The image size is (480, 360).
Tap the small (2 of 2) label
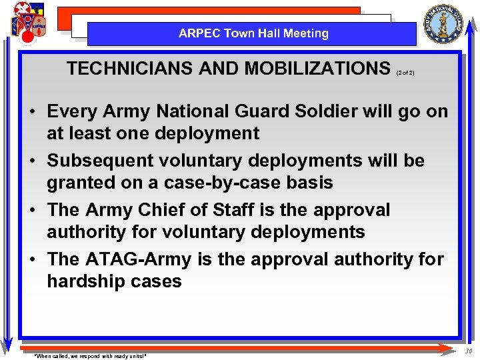coord(405,72)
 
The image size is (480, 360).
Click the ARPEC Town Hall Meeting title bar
coord(253,33)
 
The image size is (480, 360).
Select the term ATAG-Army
coord(139,259)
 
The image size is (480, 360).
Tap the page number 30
coord(469,351)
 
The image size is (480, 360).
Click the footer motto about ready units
coord(90,356)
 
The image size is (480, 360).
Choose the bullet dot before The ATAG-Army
coord(32,260)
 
